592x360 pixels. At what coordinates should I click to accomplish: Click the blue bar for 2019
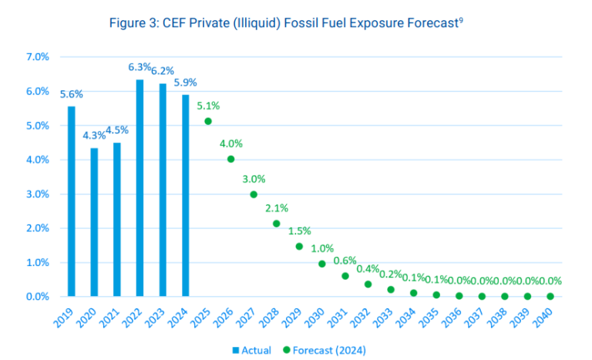click(x=71, y=201)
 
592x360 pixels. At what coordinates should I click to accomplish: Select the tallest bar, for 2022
click(x=140, y=188)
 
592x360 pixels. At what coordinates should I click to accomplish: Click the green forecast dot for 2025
click(x=208, y=121)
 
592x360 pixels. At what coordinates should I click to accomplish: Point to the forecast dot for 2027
click(x=254, y=194)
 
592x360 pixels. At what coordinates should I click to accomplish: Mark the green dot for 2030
click(x=322, y=264)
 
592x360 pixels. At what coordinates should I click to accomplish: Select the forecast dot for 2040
click(x=550, y=296)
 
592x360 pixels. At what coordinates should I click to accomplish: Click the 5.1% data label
click(x=209, y=106)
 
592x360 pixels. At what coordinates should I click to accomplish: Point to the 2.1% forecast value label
click(x=277, y=208)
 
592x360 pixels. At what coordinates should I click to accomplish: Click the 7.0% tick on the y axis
click(x=37, y=57)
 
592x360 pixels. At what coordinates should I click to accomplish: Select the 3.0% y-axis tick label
click(x=37, y=194)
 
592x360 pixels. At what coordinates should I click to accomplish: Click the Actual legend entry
click(x=251, y=350)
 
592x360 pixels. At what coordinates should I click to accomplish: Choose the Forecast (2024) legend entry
click(x=323, y=350)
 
